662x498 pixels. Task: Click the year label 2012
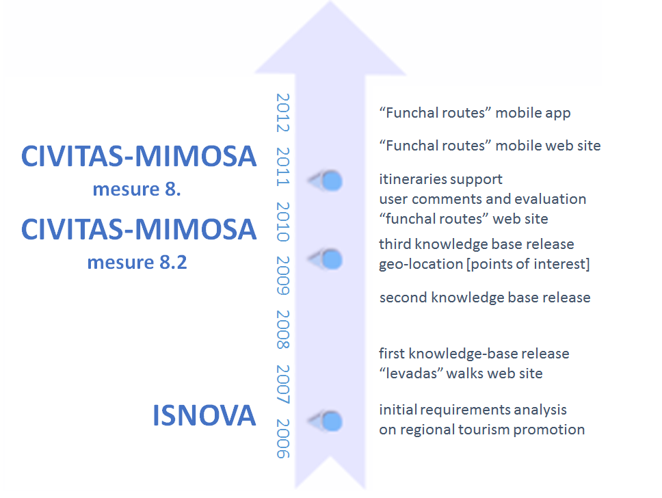283,113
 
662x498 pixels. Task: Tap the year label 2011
283,167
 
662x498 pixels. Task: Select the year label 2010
283,222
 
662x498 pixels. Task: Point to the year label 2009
283,276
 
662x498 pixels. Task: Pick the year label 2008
283,330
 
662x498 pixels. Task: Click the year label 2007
283,384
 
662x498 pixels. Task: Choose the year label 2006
283,439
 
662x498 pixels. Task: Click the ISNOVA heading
204,415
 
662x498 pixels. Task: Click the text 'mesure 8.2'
137,262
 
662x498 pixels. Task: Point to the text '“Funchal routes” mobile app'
475,113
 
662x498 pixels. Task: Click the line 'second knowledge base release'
485,298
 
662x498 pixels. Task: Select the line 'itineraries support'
441,179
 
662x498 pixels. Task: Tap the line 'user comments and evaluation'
483,199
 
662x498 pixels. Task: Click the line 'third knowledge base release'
476,245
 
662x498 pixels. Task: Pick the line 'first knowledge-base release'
474,354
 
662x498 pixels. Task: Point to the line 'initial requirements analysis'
473,410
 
